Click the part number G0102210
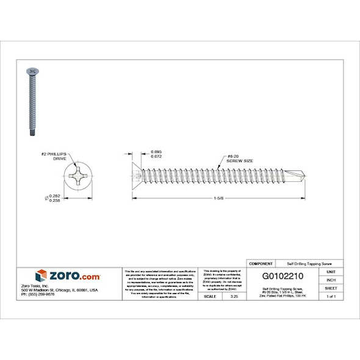pos(282,276)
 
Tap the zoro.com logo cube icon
pos(41,276)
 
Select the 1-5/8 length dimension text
pos(218,199)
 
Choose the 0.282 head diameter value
pos(54,195)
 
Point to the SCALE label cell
pos(209,296)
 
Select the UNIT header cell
pos(331,271)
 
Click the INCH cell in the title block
pos(331,279)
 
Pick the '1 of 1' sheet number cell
pos(331,296)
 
